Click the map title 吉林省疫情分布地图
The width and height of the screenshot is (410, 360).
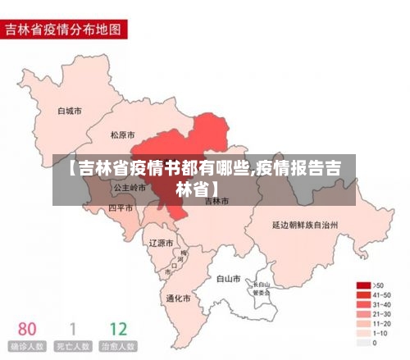coord(64,30)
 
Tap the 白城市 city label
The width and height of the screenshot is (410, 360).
coord(70,110)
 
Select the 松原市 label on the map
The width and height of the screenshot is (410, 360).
coord(124,134)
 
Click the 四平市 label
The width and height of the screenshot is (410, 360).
coord(121,208)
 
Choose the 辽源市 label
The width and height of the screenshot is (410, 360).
coord(161,244)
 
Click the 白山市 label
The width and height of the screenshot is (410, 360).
coord(228,279)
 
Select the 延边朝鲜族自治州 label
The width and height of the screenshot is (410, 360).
coord(306,223)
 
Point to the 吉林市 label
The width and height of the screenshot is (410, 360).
coord(215,201)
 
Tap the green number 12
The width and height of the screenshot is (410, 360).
coord(118,329)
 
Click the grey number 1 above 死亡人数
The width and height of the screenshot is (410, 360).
coord(71,329)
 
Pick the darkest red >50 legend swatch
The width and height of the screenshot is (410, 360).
coord(362,285)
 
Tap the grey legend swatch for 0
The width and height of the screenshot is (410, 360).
coord(362,344)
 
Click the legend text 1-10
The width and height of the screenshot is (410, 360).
coord(381,334)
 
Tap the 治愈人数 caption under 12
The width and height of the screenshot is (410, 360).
coord(119,347)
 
